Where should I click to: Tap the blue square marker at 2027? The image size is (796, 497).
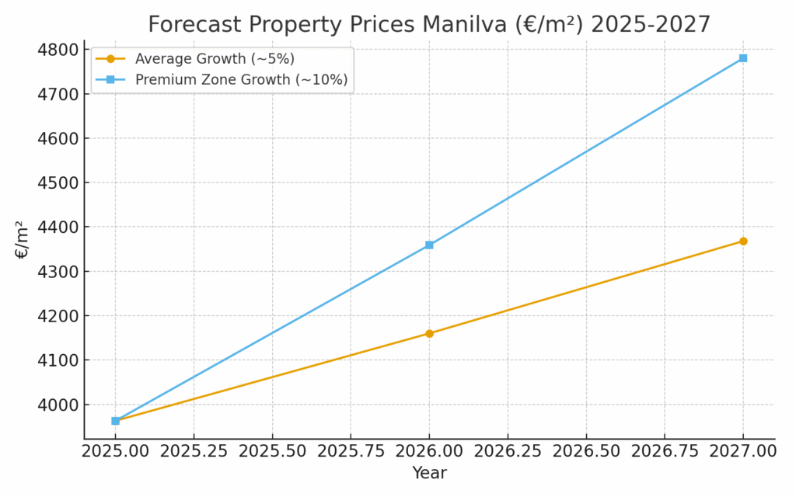(x=743, y=58)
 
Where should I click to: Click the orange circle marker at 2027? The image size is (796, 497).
(x=743, y=242)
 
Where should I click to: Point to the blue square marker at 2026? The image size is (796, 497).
(x=429, y=245)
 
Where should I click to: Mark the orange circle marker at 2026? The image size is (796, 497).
(x=429, y=334)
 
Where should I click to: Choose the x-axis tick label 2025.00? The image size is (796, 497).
(x=116, y=451)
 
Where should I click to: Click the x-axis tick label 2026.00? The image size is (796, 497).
(x=429, y=451)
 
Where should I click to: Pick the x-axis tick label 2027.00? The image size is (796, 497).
(x=743, y=451)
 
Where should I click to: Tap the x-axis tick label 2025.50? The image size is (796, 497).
(x=272, y=451)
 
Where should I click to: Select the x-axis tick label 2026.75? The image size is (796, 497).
(x=665, y=451)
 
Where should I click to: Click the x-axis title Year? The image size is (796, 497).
(x=429, y=473)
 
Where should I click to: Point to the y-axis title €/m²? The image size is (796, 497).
(x=22, y=239)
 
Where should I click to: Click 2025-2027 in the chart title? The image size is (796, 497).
(x=651, y=24)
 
